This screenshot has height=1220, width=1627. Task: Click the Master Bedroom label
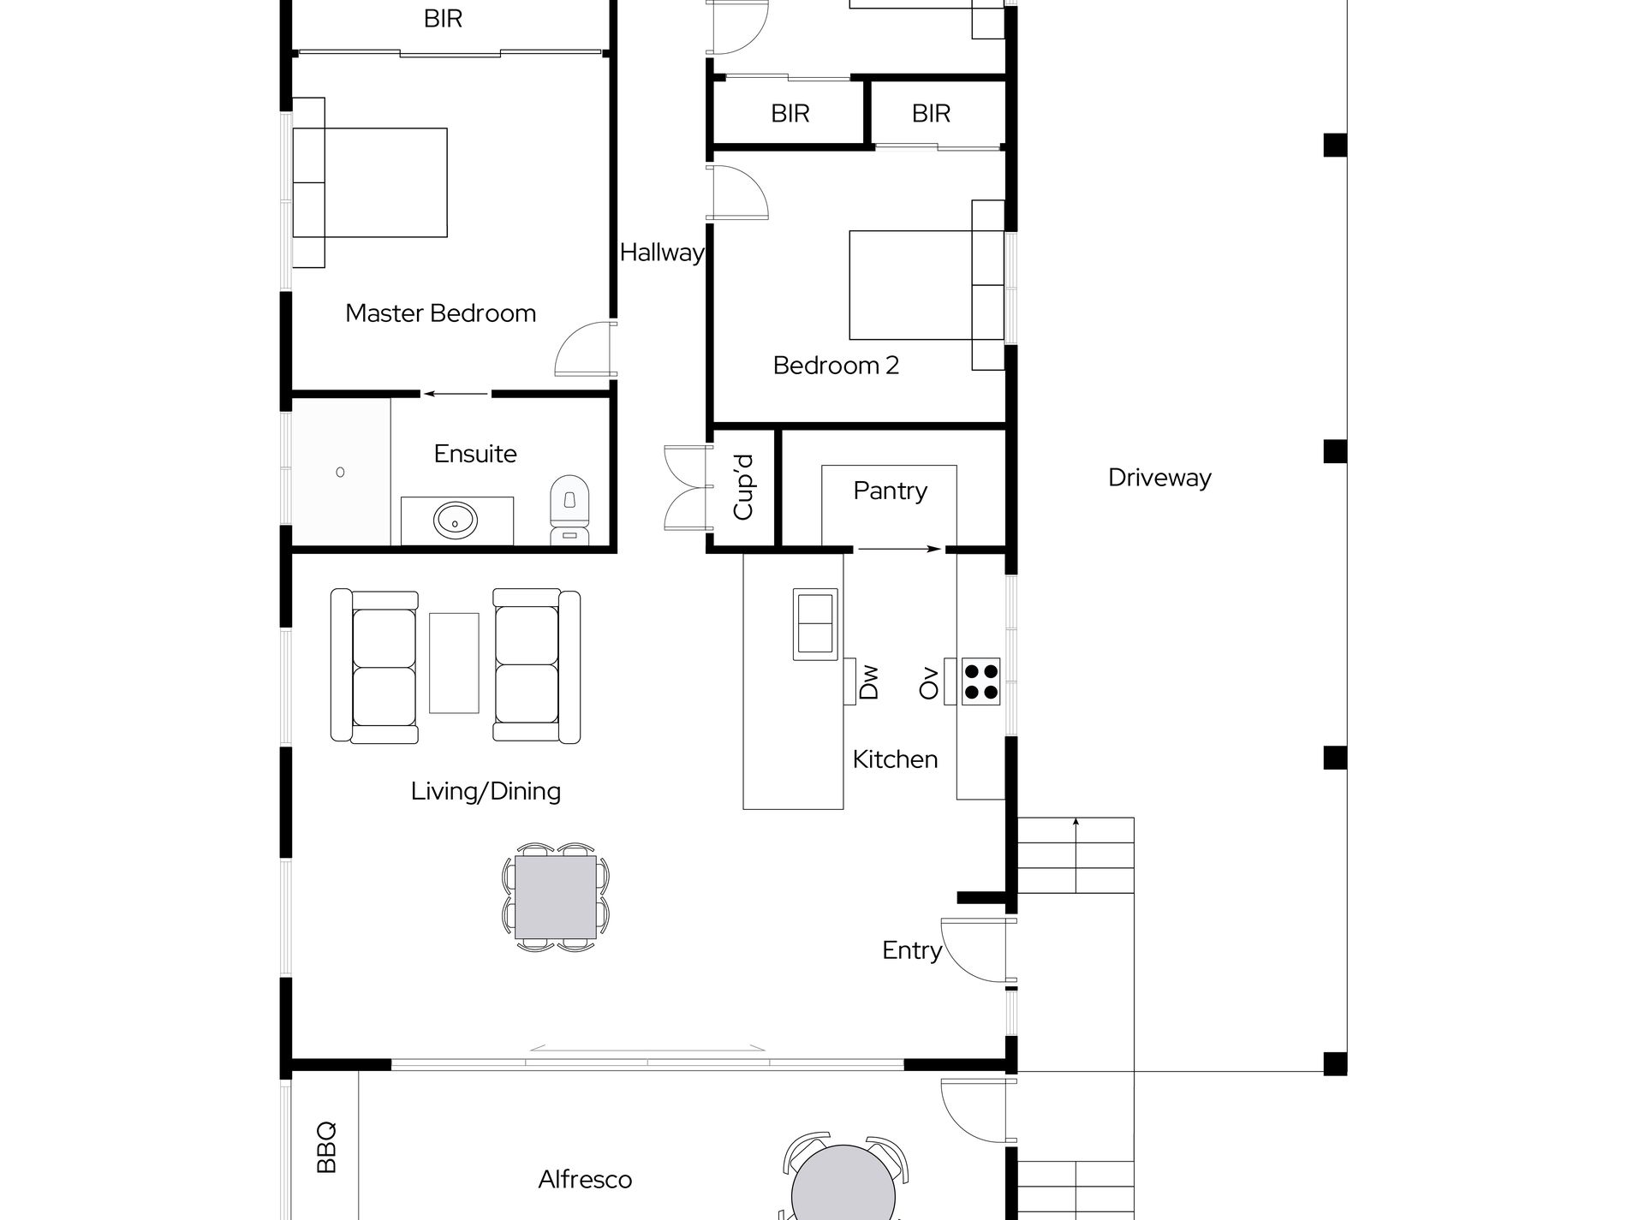pyautogui.click(x=440, y=313)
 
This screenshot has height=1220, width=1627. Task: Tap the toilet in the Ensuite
pyautogui.click(x=570, y=510)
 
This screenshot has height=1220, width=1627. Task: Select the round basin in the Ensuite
pyautogui.click(x=456, y=519)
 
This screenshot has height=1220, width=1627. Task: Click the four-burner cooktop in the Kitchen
pyautogui.click(x=980, y=681)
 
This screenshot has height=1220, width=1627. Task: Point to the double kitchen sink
pyautogui.click(x=815, y=624)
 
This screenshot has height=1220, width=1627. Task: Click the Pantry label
pyautogui.click(x=890, y=491)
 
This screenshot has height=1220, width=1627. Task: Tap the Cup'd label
pyautogui.click(x=743, y=486)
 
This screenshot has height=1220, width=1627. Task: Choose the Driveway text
pyautogui.click(x=1159, y=478)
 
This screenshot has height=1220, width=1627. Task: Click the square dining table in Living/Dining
pyautogui.click(x=556, y=896)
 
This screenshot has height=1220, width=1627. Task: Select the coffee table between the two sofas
pyautogui.click(x=454, y=663)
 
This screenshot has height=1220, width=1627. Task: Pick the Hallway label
pyautogui.click(x=662, y=253)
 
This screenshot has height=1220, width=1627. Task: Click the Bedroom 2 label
pyautogui.click(x=836, y=366)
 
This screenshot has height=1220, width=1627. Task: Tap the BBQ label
pyautogui.click(x=326, y=1147)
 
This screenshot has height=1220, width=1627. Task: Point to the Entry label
pyautogui.click(x=912, y=950)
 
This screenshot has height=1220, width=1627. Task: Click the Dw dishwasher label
pyautogui.click(x=868, y=683)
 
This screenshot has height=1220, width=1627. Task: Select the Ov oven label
pyautogui.click(x=928, y=683)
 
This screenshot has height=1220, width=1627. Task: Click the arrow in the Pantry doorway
pyautogui.click(x=899, y=550)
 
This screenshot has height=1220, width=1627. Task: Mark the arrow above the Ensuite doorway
pyautogui.click(x=456, y=395)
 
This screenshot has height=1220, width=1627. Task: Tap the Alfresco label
pyautogui.click(x=585, y=1180)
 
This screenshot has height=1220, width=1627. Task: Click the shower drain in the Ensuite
pyautogui.click(x=341, y=472)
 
